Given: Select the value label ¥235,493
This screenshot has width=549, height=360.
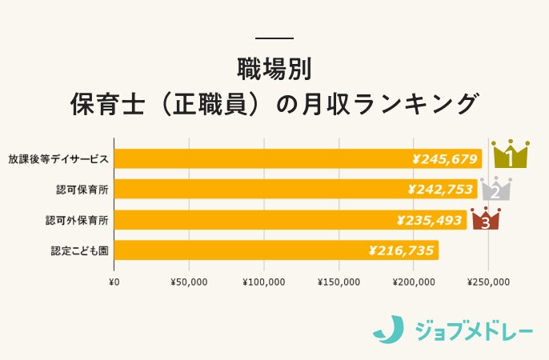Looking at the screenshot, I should [x=431, y=220].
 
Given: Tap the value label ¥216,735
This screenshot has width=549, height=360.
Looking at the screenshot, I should [x=402, y=250].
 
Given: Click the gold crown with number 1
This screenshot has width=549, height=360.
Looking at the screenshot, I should [x=510, y=154].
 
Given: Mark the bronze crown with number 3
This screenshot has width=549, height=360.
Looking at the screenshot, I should [x=485, y=218].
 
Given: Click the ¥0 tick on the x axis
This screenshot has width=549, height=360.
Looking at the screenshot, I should [x=114, y=282].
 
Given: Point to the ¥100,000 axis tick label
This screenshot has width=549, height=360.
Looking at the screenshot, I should [x=264, y=282].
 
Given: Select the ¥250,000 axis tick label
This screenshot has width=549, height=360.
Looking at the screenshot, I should [x=489, y=282].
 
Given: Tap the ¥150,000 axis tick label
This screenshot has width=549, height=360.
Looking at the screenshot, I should [x=339, y=282].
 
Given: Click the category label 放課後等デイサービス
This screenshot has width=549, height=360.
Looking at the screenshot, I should [x=58, y=158].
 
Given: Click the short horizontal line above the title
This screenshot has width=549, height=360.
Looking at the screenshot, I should [x=274, y=38].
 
